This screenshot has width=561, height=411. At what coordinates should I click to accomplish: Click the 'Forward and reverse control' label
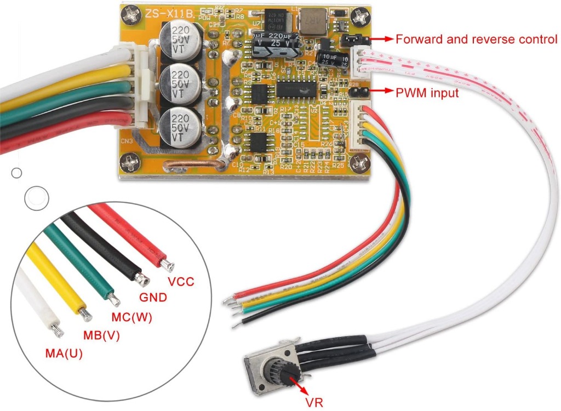point(476,39)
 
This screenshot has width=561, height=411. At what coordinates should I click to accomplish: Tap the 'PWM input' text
point(427,93)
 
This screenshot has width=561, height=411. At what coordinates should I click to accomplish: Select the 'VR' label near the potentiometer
point(316,403)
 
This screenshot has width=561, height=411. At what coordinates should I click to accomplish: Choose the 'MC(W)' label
point(131,317)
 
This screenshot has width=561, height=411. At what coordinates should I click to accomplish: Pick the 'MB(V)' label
point(101,335)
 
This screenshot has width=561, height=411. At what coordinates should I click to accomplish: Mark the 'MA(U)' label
point(64,353)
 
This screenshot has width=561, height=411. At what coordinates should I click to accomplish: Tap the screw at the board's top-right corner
point(361,18)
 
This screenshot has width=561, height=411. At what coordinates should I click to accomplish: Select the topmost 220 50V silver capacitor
point(180,39)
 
